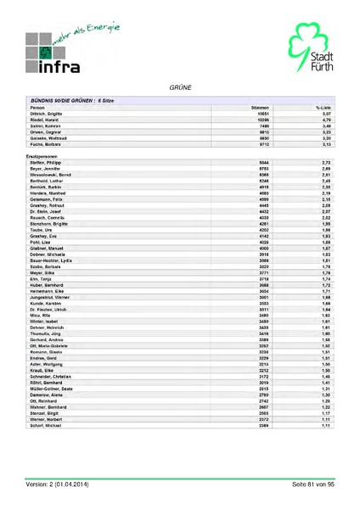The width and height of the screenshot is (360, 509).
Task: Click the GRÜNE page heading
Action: (x=179, y=87)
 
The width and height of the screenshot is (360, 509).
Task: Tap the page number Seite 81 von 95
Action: (x=313, y=484)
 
